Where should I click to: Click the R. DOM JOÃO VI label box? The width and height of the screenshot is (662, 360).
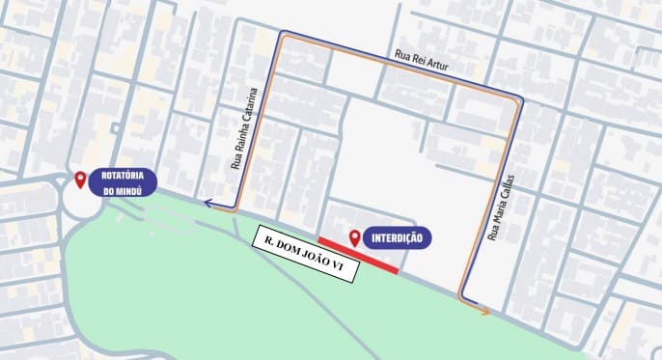(x=303, y=255)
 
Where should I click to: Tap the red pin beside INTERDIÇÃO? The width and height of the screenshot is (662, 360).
(x=356, y=235)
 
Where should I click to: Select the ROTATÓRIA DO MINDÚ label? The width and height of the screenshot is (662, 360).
(x=128, y=183)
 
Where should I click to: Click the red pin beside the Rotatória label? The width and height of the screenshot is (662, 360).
(x=80, y=180)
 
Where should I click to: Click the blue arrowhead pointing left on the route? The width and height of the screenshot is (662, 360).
(x=207, y=203)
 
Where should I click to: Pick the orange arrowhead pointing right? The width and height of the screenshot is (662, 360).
(x=484, y=311)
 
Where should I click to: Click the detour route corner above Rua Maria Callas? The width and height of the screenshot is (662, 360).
(x=519, y=101)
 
